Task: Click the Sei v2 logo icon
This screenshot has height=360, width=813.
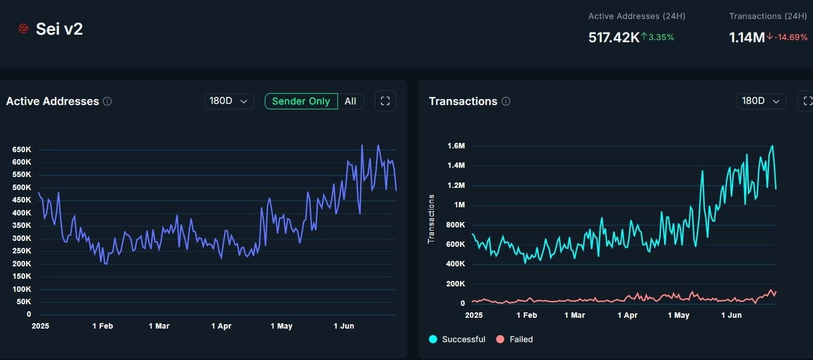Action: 23,29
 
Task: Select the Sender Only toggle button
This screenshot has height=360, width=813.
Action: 301,101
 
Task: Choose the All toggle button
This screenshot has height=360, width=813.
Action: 350,101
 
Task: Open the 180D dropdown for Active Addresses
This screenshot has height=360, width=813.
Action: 229,101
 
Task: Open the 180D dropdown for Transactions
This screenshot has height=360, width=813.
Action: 761,101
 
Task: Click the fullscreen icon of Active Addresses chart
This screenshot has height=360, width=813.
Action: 385,101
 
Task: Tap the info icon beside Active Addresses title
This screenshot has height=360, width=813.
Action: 107,101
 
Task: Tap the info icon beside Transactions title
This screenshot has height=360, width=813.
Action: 506,101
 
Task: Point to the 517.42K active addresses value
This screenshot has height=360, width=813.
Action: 614,37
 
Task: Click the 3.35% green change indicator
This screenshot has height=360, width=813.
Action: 658,37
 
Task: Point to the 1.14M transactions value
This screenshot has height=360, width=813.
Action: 747,37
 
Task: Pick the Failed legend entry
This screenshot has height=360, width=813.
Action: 515,339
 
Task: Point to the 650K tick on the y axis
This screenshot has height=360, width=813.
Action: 22,149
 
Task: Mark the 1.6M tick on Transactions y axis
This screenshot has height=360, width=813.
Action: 456,146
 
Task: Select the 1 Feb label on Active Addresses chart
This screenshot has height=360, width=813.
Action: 102,326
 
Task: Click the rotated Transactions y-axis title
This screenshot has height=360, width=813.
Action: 431,219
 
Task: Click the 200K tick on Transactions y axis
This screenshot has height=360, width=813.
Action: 455,284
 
